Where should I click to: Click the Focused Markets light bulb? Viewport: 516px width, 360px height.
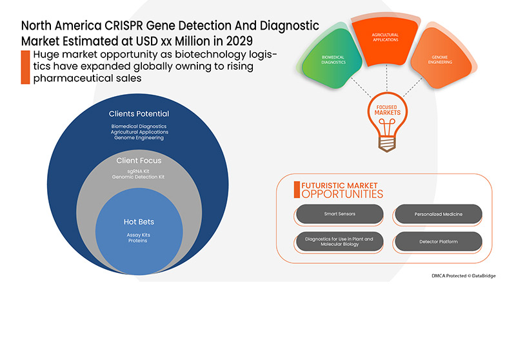pyautogui.click(x=387, y=119)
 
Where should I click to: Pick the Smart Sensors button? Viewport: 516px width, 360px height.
pyautogui.click(x=339, y=214)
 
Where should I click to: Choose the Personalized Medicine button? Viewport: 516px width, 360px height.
pyautogui.click(x=438, y=214)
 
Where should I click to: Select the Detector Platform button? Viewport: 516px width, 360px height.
pyautogui.click(x=438, y=242)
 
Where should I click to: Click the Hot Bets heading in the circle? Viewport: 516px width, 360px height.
pyautogui.click(x=139, y=223)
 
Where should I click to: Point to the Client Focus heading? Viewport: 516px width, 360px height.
pyautogui.click(x=139, y=160)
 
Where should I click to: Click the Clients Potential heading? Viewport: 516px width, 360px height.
pyautogui.click(x=139, y=114)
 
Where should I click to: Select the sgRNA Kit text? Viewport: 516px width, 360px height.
pyautogui.click(x=139, y=170)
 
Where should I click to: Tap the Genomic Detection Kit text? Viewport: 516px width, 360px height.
pyautogui.click(x=139, y=176)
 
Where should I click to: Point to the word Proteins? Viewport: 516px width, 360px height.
pyautogui.click(x=138, y=241)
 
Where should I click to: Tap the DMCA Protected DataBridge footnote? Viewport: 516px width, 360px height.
pyautogui.click(x=464, y=275)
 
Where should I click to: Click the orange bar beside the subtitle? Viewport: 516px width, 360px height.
pyautogui.click(x=25, y=66)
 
